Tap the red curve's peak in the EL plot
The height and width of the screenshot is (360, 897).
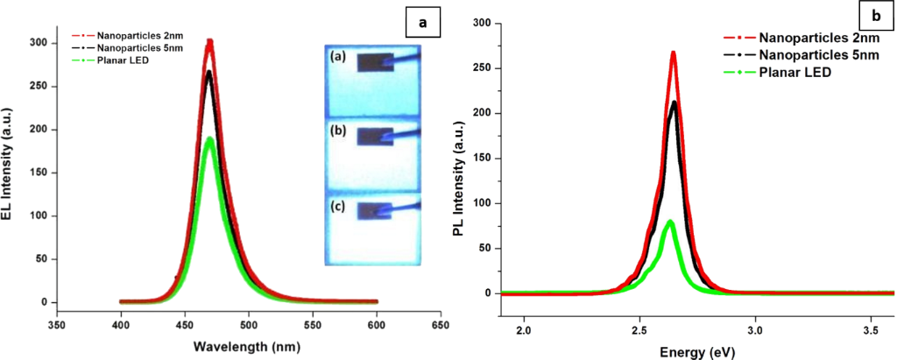(x=209, y=41)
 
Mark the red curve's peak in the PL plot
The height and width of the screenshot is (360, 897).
(x=673, y=53)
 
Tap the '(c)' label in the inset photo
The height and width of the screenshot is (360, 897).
(x=340, y=208)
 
